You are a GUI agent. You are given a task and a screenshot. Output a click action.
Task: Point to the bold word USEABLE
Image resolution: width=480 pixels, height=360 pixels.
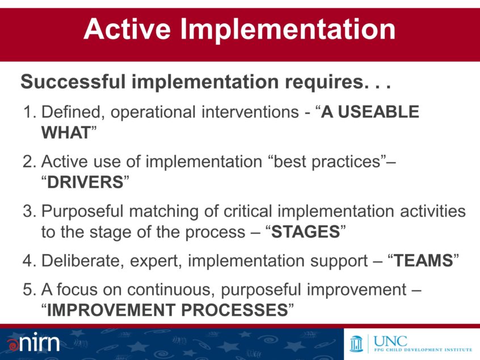pos(381,112)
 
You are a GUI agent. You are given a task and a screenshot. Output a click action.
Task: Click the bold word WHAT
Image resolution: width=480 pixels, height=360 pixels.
pos(65,133)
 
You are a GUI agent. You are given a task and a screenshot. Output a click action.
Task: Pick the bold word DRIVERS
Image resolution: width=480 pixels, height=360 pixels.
pos(85,183)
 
